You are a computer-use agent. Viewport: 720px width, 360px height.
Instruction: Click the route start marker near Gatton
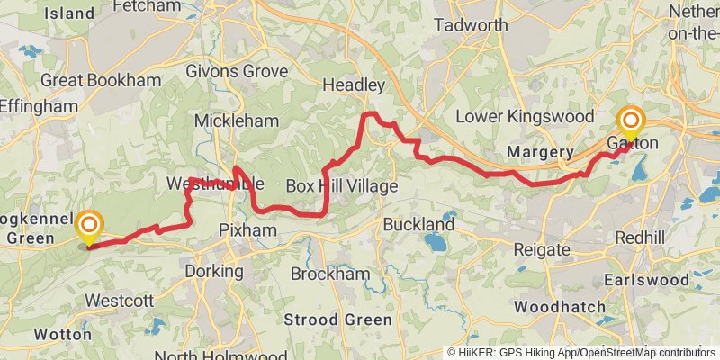tap(631, 122)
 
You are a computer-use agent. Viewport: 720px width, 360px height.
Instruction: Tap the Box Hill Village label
tap(341, 186)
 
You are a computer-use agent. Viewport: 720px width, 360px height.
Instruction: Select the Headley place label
tap(355, 85)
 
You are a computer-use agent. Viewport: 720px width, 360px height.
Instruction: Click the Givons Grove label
tap(237, 71)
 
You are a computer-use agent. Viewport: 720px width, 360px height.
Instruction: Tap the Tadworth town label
tap(471, 25)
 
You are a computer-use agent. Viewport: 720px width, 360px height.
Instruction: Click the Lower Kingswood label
tap(525, 117)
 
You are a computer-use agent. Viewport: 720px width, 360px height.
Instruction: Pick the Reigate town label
tap(539, 249)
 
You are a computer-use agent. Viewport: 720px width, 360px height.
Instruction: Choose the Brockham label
tap(331, 274)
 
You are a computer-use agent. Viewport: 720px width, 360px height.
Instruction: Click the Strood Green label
tap(337, 320)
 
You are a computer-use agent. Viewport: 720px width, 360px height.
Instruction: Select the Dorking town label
tap(213, 271)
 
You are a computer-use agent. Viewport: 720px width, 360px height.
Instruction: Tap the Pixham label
tap(247, 231)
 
